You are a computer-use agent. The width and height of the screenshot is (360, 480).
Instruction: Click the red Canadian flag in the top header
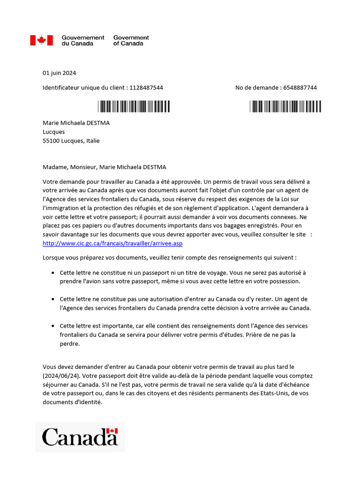(41, 40)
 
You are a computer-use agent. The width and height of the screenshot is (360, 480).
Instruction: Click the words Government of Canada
(131, 40)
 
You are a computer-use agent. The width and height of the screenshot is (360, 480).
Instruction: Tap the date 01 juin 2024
(59, 73)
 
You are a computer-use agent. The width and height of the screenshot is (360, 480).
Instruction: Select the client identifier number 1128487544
(146, 88)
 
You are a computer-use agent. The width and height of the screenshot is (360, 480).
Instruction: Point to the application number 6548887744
(300, 88)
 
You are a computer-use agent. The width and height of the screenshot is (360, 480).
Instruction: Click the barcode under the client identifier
(134, 106)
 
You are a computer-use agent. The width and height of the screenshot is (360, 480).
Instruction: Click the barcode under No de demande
(285, 106)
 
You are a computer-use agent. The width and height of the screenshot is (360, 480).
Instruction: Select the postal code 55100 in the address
(51, 141)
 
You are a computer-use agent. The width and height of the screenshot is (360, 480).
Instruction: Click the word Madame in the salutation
(56, 167)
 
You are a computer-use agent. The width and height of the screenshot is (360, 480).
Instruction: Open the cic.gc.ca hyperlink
(112, 243)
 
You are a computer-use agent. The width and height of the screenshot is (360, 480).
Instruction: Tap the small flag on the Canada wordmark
(112, 431)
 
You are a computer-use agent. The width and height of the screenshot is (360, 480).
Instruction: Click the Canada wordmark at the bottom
(80, 437)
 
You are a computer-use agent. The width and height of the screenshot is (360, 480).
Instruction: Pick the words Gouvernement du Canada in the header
(83, 40)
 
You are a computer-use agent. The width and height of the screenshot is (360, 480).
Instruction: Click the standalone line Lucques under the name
(53, 132)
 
